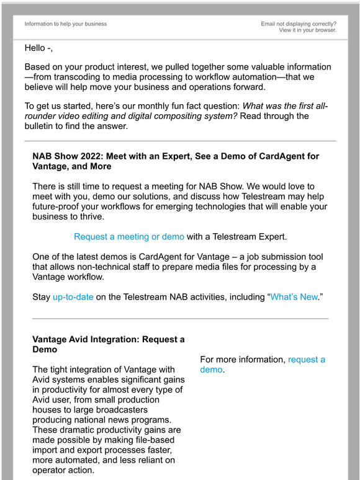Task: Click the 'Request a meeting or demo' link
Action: [129, 236]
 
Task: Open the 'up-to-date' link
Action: [73, 297]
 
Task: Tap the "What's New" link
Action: [294, 297]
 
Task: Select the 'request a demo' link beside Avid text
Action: [307, 360]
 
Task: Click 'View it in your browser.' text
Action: [307, 30]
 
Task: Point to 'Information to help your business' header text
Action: [65, 24]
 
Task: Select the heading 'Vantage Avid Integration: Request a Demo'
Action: [108, 345]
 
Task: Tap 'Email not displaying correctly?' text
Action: [299, 24]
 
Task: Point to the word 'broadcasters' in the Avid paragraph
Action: [126, 410]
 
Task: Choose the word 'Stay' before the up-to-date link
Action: [41, 297]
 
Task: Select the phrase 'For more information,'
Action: [243, 360]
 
